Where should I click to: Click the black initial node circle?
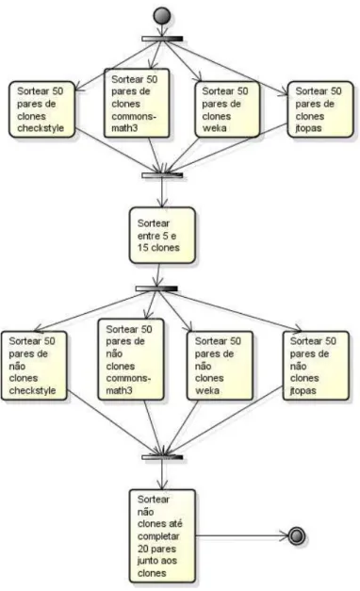162,16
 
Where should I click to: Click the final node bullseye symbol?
296,535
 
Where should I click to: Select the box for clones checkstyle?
41,109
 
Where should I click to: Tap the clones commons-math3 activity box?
137,103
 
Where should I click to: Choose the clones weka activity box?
227,109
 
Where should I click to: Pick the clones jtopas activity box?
320,109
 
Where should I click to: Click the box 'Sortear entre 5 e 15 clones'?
162,235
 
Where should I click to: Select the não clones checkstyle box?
34,366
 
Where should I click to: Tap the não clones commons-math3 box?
131,359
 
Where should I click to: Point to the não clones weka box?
220,366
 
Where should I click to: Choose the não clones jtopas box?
316,366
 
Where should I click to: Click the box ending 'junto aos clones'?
162,535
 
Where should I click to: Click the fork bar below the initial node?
162,39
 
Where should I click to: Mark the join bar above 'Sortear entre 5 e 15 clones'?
162,175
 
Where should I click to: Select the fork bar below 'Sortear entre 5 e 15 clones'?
156,288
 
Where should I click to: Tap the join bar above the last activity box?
162,457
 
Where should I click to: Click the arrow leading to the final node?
241,535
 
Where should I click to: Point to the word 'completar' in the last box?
158,536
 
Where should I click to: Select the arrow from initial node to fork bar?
162,30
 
